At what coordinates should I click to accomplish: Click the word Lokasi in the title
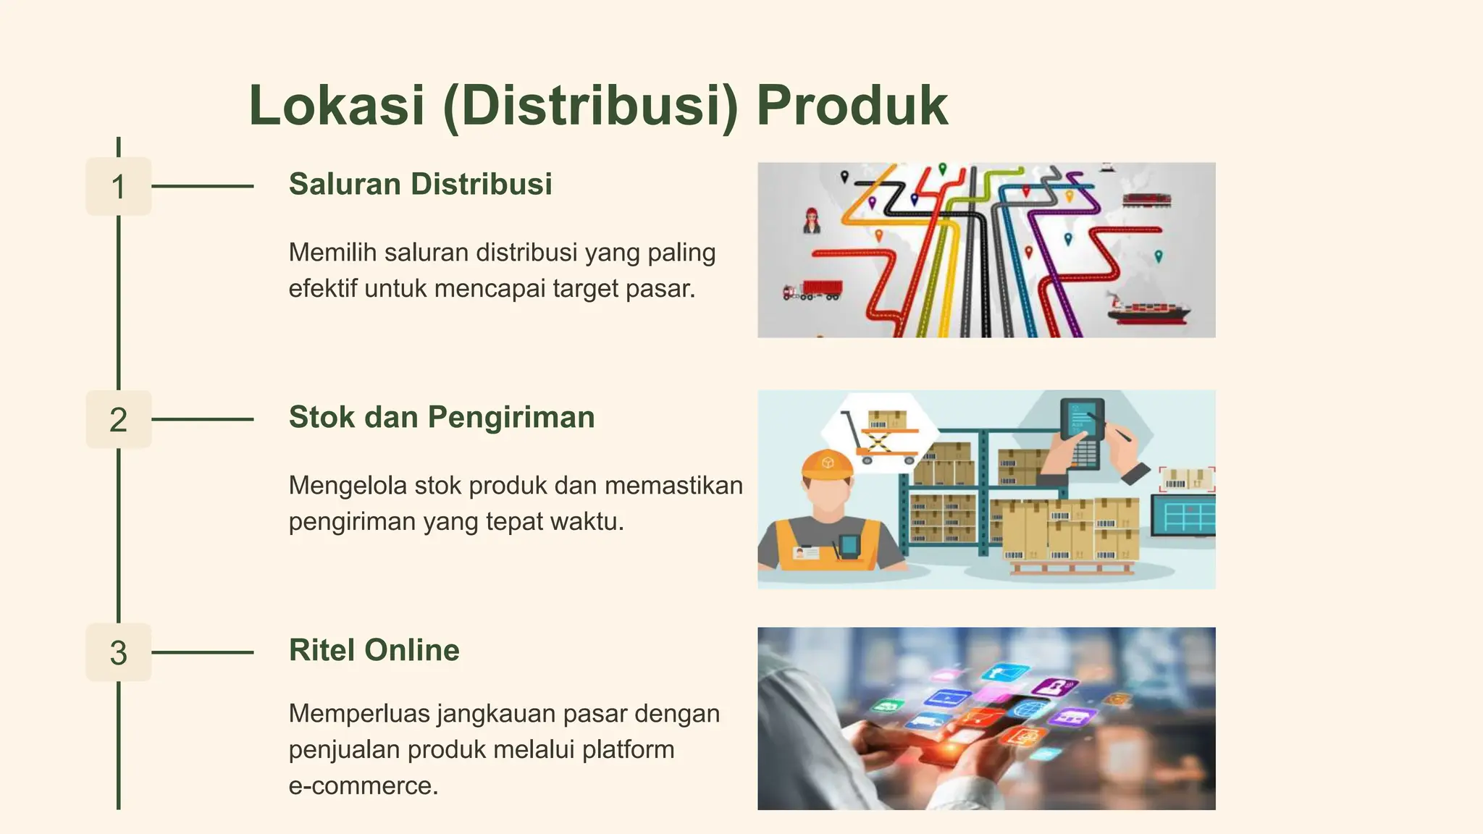[x=337, y=106]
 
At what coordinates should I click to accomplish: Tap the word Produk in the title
[x=852, y=106]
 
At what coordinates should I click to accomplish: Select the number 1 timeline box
[x=119, y=187]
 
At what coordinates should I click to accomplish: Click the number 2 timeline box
[x=119, y=420]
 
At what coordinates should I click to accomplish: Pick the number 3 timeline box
[x=119, y=652]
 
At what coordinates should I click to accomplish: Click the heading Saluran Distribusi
[x=420, y=185]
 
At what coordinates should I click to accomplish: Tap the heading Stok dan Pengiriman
[x=442, y=418]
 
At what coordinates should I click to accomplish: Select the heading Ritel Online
[x=374, y=650]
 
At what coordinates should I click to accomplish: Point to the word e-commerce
[x=363, y=785]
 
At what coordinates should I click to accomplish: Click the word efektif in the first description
[x=322, y=289]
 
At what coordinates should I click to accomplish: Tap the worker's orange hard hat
[x=827, y=465]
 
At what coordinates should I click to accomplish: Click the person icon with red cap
[x=812, y=220]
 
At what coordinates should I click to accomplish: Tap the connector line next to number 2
[x=203, y=419]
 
